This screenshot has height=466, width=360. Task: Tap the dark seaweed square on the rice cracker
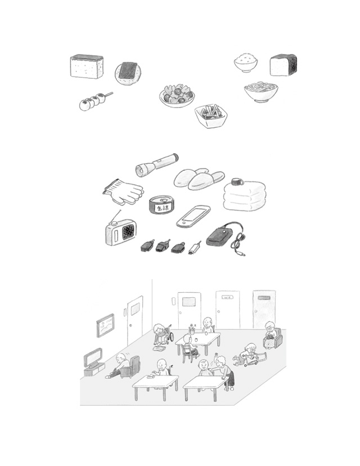tap(128, 70)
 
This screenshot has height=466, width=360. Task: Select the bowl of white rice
tap(245, 62)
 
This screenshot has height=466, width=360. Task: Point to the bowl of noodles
tap(261, 92)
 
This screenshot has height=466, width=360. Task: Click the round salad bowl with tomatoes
tap(177, 95)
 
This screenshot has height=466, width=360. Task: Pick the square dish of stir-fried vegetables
tap(211, 116)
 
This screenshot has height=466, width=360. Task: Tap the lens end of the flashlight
tap(139, 171)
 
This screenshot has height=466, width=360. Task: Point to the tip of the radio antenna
tap(120, 210)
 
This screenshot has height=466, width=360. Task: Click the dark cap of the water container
tap(236, 181)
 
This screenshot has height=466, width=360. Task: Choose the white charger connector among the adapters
tap(194, 248)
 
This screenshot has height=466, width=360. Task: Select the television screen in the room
tap(92, 358)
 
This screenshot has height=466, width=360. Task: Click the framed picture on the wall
tap(105, 325)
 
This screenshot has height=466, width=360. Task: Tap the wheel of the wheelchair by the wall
tap(172, 336)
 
